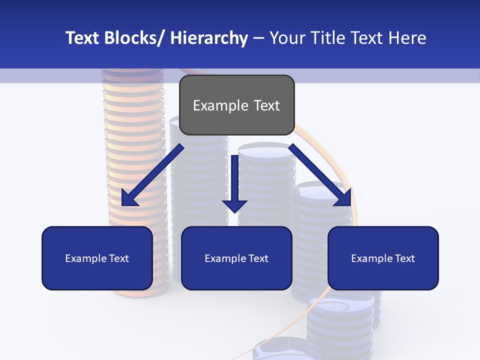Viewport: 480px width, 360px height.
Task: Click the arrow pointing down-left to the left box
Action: click(x=153, y=174)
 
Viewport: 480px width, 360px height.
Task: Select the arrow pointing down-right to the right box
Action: click(x=320, y=174)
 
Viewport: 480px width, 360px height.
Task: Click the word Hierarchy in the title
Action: click(x=209, y=38)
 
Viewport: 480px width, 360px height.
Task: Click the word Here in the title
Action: click(x=407, y=38)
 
